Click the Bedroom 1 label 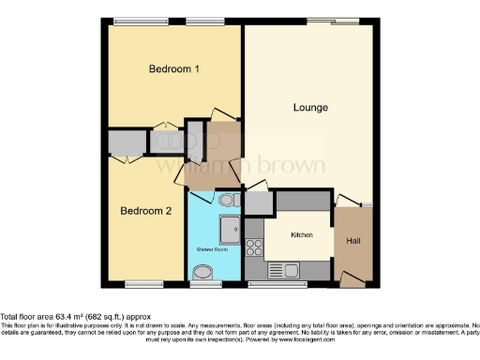(175, 69)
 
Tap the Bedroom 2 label (145, 211)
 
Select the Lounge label (310, 108)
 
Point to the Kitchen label (301, 234)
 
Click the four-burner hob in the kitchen (254, 247)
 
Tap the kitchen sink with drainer (282, 269)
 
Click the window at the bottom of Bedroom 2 (144, 282)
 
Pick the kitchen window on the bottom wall (274, 282)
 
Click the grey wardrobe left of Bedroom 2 (123, 143)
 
